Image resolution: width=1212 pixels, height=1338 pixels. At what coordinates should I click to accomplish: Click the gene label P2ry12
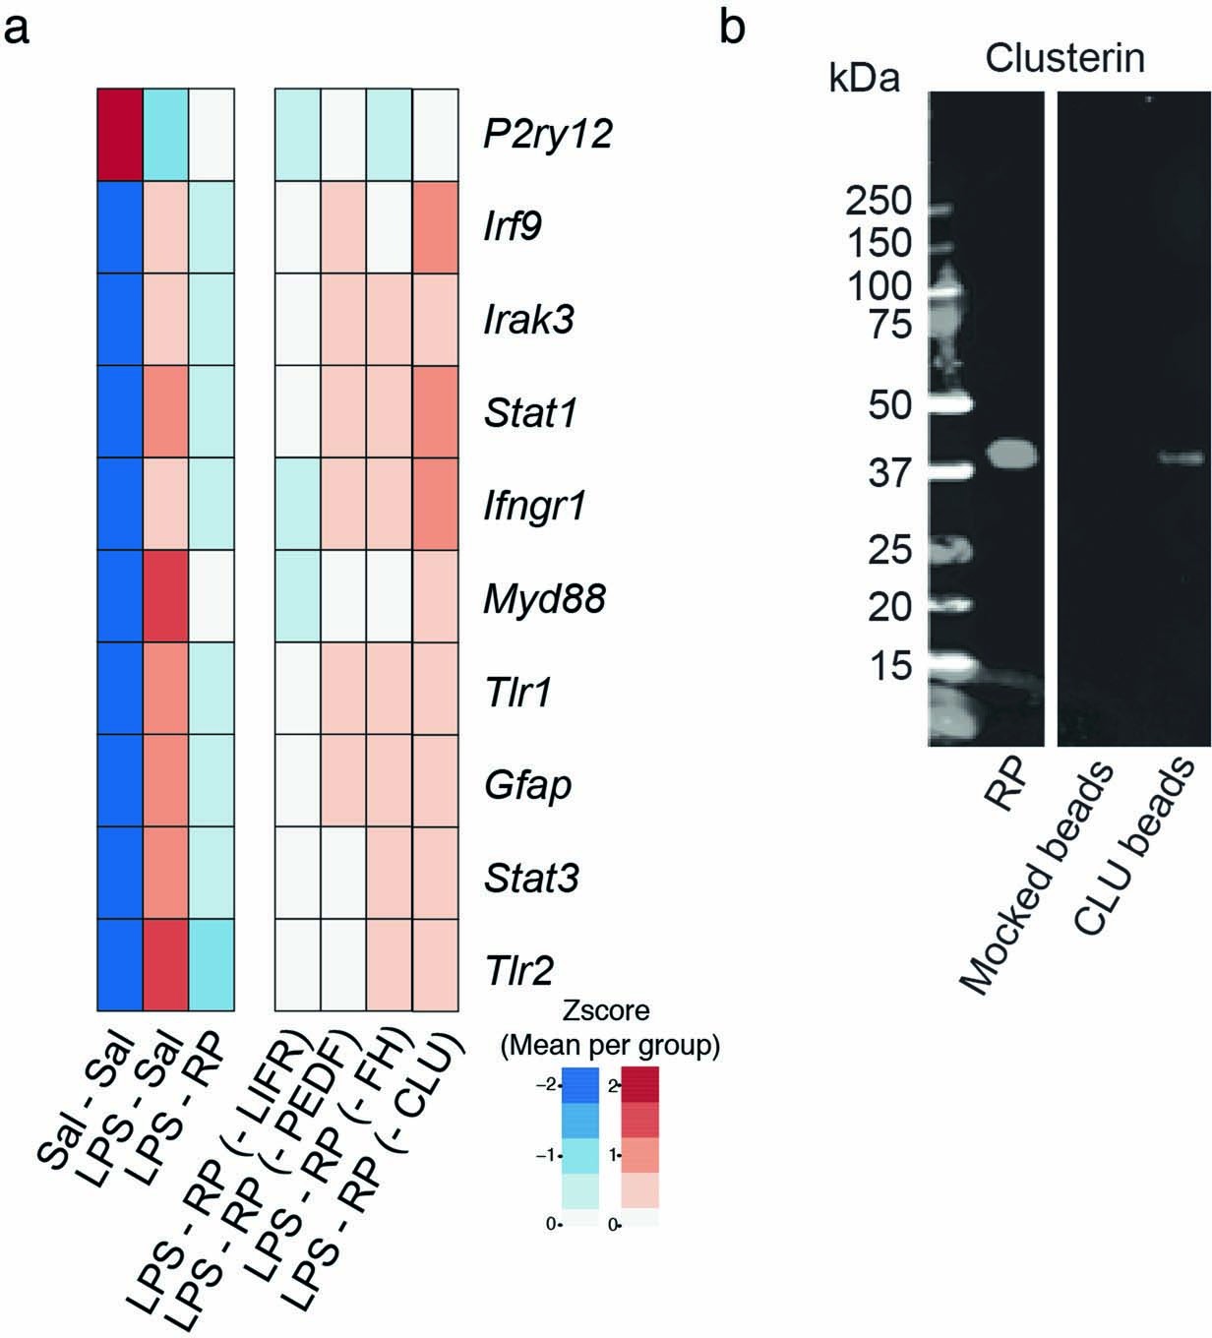(x=547, y=135)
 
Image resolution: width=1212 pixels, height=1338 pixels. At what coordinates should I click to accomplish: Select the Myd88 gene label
(x=543, y=598)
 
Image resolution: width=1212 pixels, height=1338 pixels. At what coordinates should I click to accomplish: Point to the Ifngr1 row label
(x=535, y=506)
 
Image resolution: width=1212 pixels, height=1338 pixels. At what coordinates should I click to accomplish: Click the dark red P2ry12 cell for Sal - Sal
(x=120, y=135)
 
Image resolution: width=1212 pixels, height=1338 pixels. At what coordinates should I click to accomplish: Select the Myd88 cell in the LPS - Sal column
(x=166, y=597)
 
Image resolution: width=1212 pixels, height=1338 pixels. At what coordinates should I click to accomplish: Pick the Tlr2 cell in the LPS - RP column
(x=212, y=964)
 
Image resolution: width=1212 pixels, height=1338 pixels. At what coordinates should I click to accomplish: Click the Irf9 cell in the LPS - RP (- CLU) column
(x=435, y=227)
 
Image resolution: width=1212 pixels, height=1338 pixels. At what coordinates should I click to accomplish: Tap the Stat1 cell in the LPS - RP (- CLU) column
(x=435, y=412)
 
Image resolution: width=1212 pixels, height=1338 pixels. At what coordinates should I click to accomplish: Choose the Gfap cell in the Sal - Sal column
(x=120, y=781)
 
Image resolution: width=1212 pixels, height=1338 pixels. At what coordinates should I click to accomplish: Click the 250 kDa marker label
(x=880, y=203)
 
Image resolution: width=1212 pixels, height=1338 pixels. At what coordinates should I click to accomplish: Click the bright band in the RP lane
(x=1013, y=454)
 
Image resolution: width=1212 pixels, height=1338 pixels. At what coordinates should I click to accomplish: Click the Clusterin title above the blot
(x=1064, y=59)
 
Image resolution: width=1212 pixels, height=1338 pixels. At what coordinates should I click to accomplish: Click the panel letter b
(x=732, y=28)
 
